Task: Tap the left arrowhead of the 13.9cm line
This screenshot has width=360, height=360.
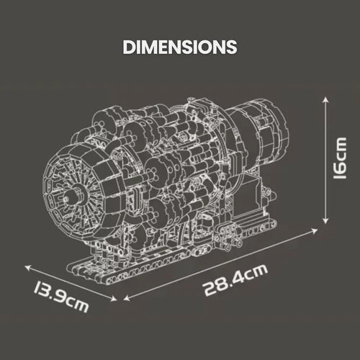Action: (27, 265)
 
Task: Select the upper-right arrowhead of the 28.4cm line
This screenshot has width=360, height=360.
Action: (317, 231)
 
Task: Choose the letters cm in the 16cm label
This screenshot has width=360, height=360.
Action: (343, 151)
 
